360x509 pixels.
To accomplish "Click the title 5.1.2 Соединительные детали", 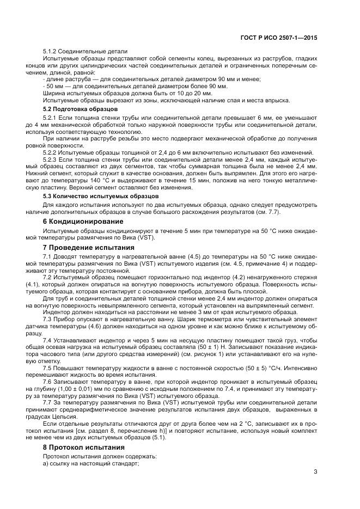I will tap(84, 51).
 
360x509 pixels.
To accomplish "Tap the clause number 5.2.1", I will tap(51, 118).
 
